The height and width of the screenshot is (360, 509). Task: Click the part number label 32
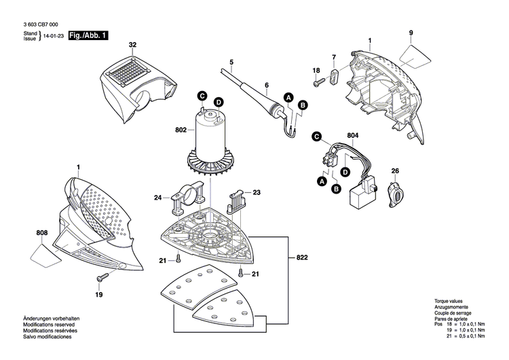[133, 45]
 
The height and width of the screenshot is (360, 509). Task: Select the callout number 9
[411, 33]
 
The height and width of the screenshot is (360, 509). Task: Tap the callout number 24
[157, 198]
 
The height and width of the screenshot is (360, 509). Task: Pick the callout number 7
[333, 56]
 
